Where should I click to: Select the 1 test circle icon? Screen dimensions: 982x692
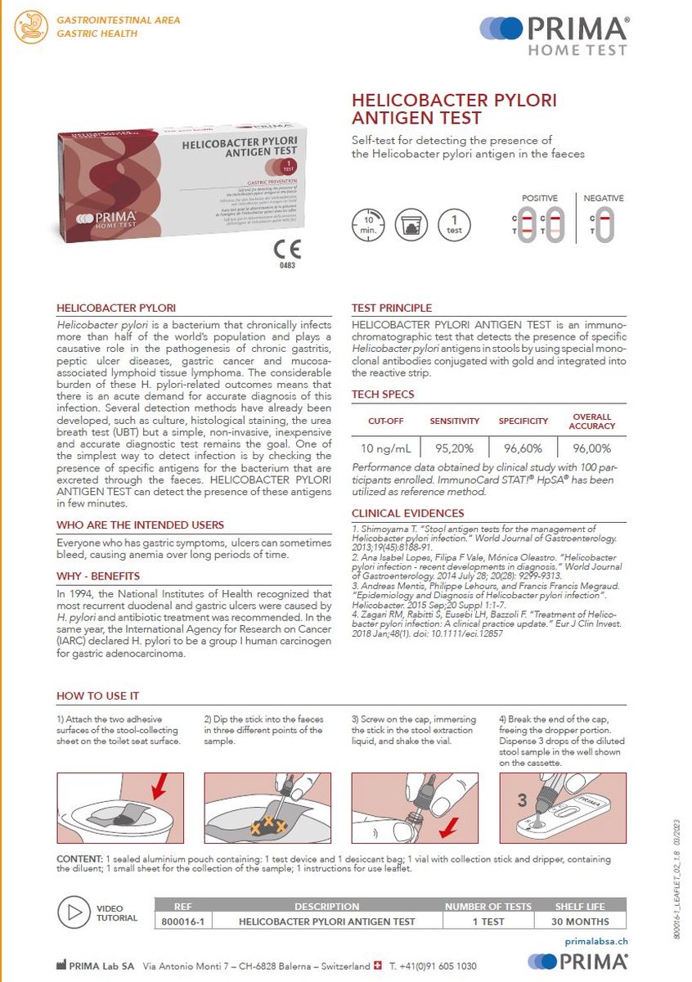tap(454, 224)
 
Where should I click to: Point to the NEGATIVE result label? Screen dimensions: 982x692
tap(604, 198)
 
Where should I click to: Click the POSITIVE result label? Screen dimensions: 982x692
tap(541, 198)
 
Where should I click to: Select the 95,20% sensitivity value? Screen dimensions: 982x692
tap(455, 448)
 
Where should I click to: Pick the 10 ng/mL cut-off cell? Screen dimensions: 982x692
tap(387, 448)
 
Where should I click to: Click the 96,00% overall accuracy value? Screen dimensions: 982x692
tap(591, 448)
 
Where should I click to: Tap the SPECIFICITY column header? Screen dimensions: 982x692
tap(523, 421)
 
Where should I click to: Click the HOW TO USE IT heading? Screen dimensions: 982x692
tap(97, 696)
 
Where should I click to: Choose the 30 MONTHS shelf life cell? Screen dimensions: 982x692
tap(582, 921)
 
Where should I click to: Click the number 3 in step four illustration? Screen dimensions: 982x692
tap(522, 800)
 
